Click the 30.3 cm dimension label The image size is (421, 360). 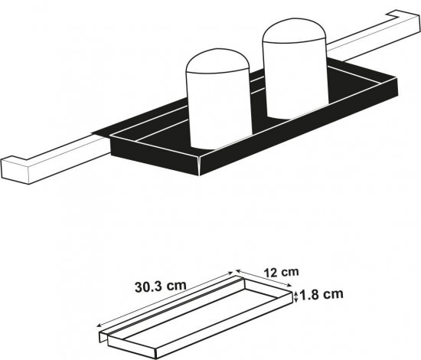[160, 286]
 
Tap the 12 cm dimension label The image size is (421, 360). [281, 273]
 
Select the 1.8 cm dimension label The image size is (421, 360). [321, 295]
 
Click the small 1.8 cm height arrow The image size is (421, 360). [296, 297]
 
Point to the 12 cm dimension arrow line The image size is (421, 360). [263, 278]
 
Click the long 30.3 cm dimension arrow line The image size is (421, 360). [165, 299]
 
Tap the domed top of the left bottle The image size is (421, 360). [217, 61]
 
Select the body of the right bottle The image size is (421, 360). [296, 78]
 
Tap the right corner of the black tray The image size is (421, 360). [396, 87]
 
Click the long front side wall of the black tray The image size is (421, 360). [299, 126]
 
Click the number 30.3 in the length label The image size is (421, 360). [148, 287]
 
